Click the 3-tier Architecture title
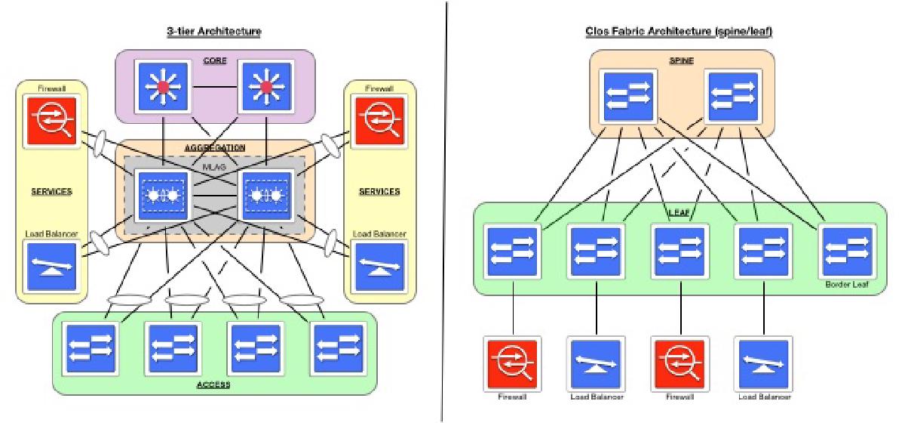[x=213, y=32]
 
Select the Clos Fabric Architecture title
[x=679, y=32]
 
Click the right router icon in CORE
[x=265, y=88]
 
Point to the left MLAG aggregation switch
[x=163, y=196]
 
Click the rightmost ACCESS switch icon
[x=337, y=348]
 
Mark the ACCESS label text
[x=213, y=385]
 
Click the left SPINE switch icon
[x=625, y=96]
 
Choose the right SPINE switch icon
[x=732, y=96]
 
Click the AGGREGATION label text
[x=214, y=147]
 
